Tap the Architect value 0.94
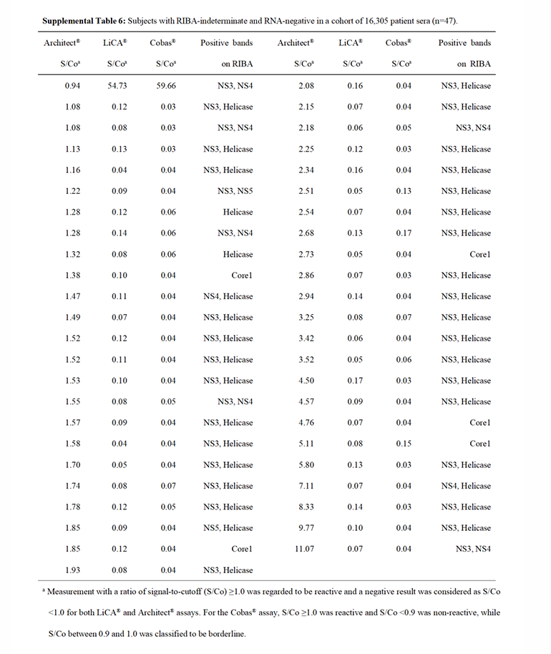tap(72, 86)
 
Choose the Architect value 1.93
tap(72, 570)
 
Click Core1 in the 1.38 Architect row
tap(242, 275)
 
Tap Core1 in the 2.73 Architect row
tap(479, 254)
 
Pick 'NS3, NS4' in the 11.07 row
tap(473, 549)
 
